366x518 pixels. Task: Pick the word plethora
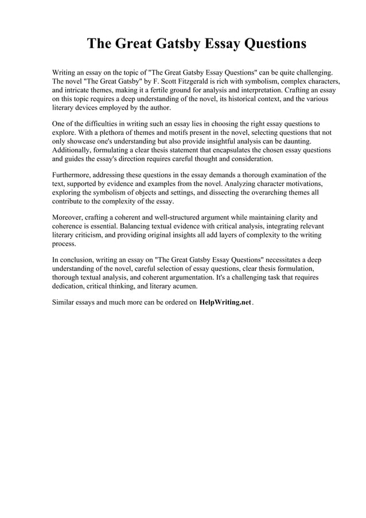pos(106,133)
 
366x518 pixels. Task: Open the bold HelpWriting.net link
pos(225,303)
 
